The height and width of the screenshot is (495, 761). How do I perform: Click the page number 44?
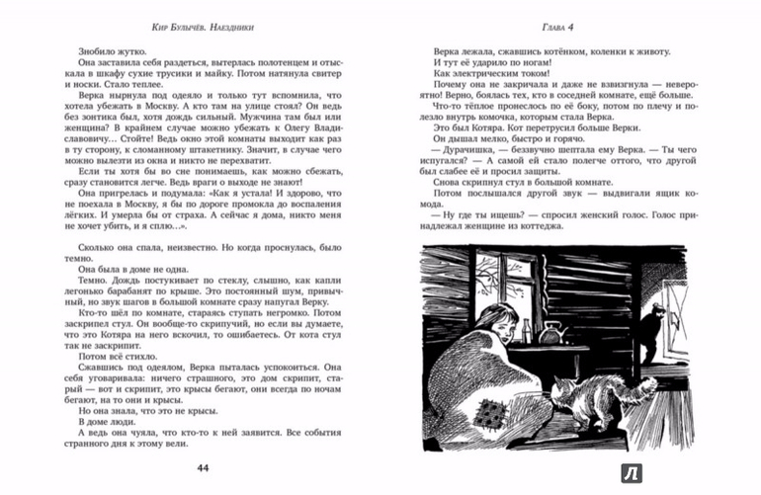205,467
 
